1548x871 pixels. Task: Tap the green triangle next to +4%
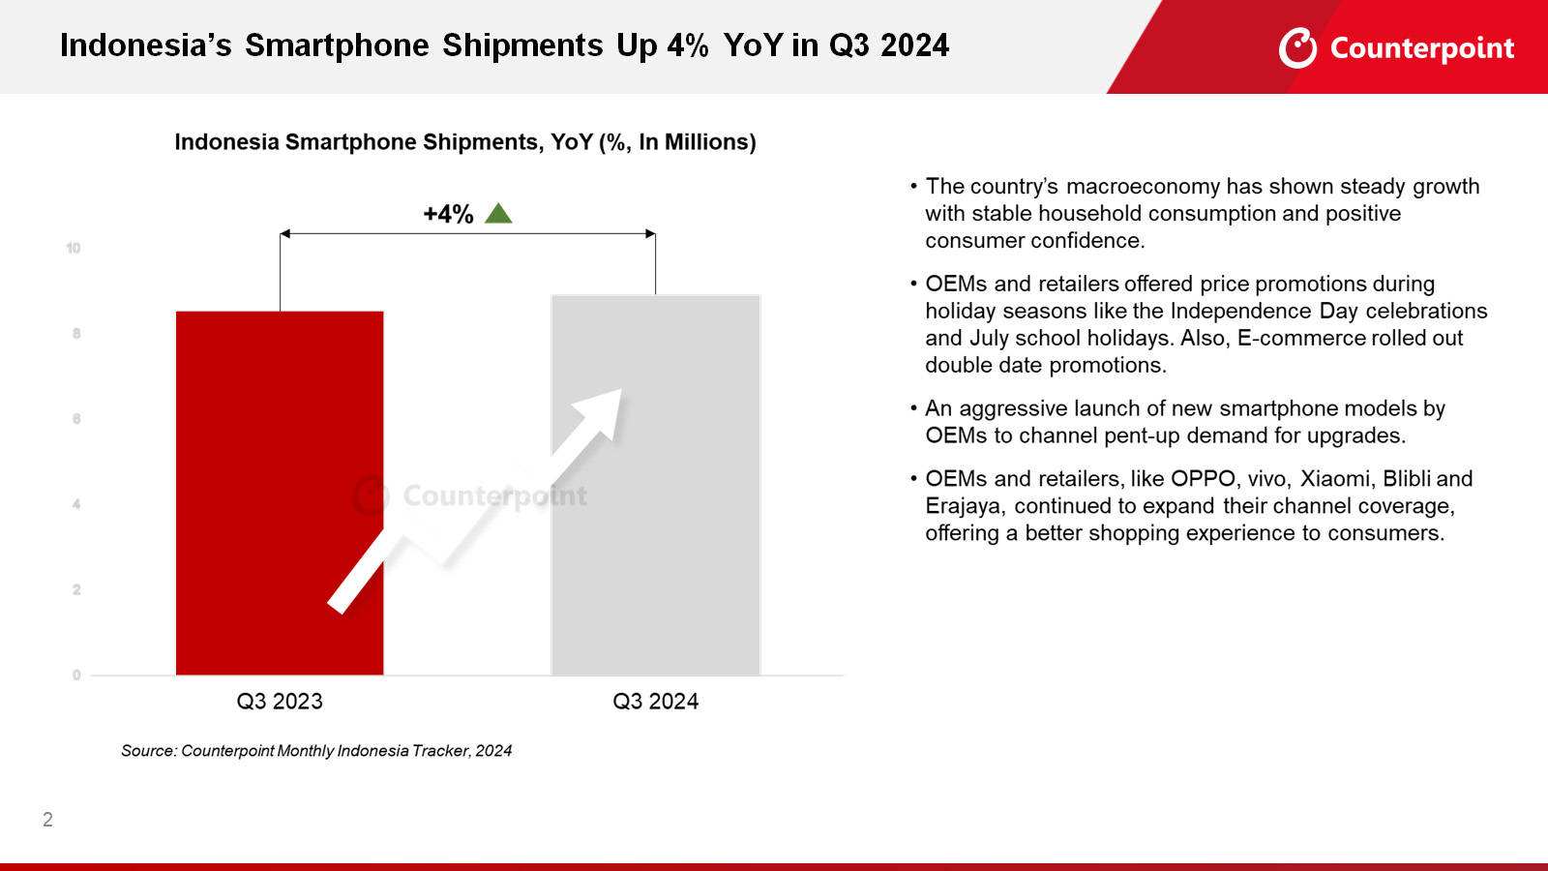[x=498, y=214]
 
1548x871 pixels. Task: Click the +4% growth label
[x=448, y=214]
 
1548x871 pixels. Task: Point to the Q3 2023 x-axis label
[x=280, y=702]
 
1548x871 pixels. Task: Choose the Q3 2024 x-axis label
[x=655, y=702]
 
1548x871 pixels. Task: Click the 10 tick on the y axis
[x=74, y=248]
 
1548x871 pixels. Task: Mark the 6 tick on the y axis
[x=76, y=419]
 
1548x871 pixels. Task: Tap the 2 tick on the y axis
[x=76, y=589]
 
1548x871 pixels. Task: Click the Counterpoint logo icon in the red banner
[x=1297, y=47]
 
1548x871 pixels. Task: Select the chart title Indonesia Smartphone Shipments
[x=464, y=142]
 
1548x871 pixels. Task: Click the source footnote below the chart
[x=316, y=751]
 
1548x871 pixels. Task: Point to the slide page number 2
[x=47, y=820]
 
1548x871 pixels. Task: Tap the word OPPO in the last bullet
[x=1204, y=479]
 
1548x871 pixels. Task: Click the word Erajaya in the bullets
[x=963, y=506]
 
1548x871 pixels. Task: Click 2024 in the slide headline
[x=914, y=45]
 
